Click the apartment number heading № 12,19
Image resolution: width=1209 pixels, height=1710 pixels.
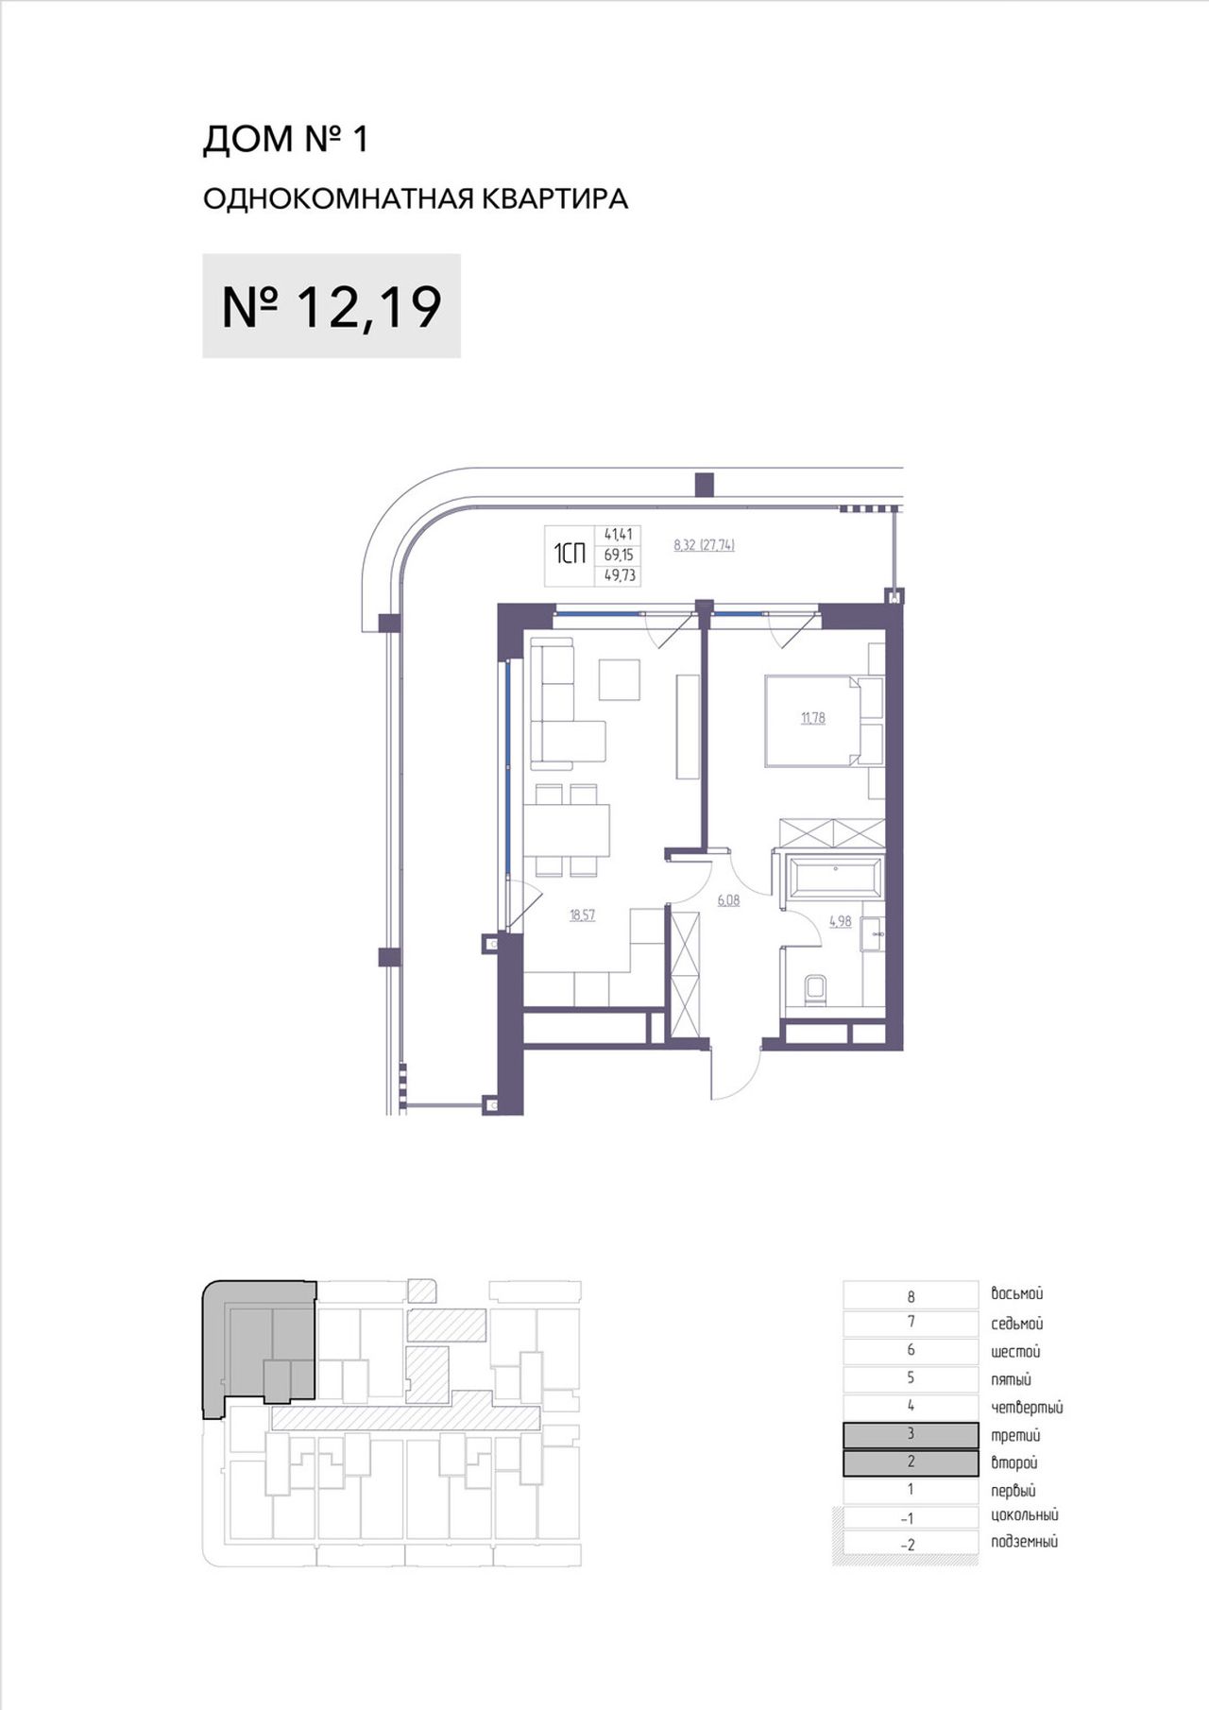pyautogui.click(x=332, y=306)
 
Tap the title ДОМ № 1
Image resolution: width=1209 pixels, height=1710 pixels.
pyautogui.click(x=285, y=139)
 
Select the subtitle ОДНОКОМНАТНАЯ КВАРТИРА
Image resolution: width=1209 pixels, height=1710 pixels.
pyautogui.click(x=416, y=198)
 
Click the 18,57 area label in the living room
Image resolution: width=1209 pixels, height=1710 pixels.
pyautogui.click(x=582, y=915)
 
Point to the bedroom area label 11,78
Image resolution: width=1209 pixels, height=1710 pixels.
pyautogui.click(x=812, y=718)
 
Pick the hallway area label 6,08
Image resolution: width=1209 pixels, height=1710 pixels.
pyautogui.click(x=728, y=900)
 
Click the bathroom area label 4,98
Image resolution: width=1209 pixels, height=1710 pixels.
pyautogui.click(x=840, y=921)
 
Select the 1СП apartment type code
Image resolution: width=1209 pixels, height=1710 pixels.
pyautogui.click(x=570, y=554)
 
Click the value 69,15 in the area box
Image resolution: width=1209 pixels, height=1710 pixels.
pyautogui.click(x=619, y=555)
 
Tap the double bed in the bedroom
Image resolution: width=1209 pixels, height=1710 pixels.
pyautogui.click(x=824, y=720)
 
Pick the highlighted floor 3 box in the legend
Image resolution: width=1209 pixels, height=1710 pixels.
pyautogui.click(x=911, y=1434)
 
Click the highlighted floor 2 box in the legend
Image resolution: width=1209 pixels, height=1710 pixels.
pyautogui.click(x=911, y=1462)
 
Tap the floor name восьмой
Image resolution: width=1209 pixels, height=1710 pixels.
pyautogui.click(x=1017, y=1294)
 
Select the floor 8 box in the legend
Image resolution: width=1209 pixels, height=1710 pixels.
pyautogui.click(x=911, y=1295)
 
